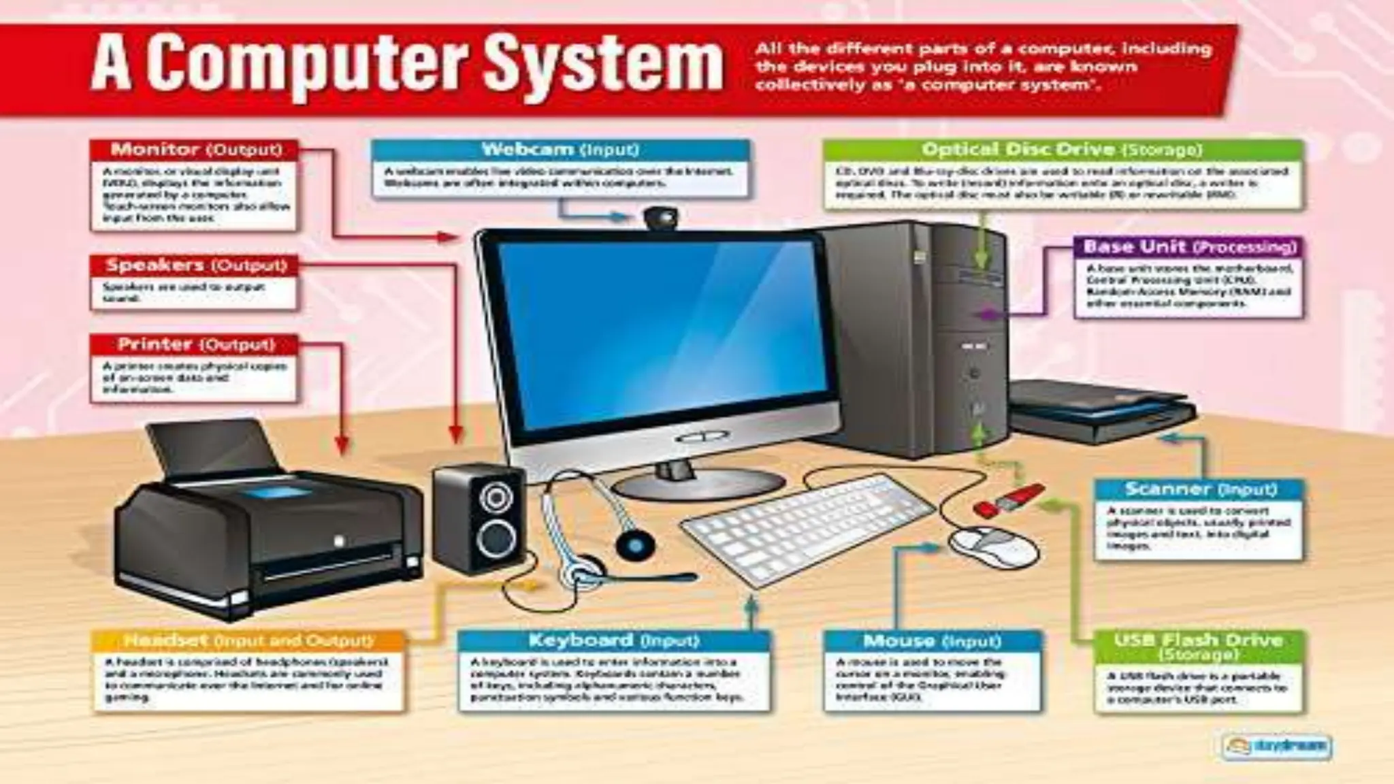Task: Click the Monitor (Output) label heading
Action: (x=195, y=150)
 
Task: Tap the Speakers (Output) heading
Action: (x=195, y=265)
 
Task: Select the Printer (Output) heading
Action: (x=195, y=344)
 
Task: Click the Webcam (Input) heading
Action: (x=560, y=150)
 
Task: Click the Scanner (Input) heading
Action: (x=1200, y=489)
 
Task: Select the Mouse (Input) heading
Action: (x=932, y=641)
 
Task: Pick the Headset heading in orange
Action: (x=248, y=641)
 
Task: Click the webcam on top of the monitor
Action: (x=662, y=218)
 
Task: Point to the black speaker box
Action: (x=479, y=519)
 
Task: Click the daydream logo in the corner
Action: (x=1276, y=746)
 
